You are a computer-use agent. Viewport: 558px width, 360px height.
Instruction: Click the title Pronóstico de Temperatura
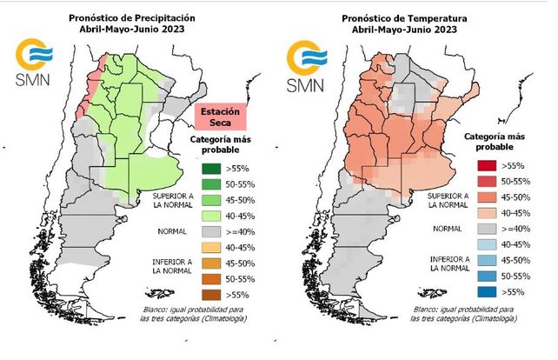pyautogui.click(x=406, y=17)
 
